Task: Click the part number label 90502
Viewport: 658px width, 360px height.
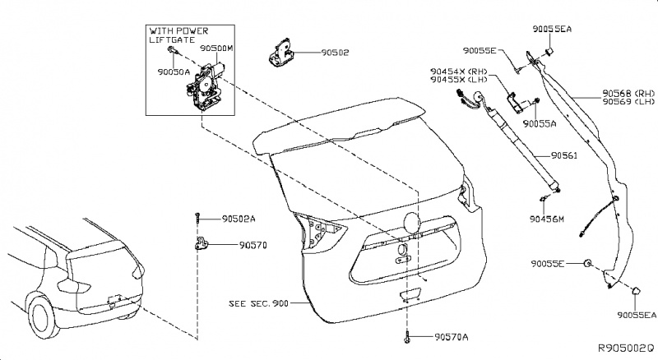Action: [334, 51]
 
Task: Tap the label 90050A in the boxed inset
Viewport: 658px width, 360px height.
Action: [173, 72]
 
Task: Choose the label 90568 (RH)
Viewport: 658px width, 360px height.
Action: [626, 93]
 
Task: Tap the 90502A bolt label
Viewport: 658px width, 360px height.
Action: [239, 219]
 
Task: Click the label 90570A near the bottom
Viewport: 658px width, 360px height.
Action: [452, 337]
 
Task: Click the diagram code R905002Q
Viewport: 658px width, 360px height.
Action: [624, 348]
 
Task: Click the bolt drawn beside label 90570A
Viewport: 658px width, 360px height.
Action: [408, 336]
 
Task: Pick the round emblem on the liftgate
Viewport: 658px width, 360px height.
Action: [410, 221]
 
